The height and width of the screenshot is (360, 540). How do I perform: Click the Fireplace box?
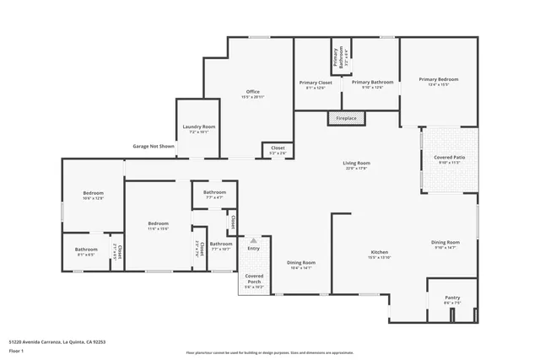(x=346, y=119)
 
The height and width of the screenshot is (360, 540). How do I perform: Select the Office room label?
(x=252, y=91)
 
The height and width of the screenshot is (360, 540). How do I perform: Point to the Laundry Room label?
(x=199, y=126)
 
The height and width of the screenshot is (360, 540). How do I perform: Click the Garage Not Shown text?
(x=154, y=146)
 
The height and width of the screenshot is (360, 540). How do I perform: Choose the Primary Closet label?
(x=316, y=82)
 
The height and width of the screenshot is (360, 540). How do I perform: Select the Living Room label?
(x=356, y=163)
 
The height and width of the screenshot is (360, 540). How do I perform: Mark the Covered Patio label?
(x=449, y=157)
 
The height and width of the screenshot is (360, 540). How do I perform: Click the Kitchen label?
(x=379, y=252)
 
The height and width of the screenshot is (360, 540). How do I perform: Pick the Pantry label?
(x=452, y=298)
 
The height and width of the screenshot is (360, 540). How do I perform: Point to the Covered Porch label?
(x=254, y=278)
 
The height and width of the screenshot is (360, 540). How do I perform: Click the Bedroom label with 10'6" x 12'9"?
(x=93, y=194)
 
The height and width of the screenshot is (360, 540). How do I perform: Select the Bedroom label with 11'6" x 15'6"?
(x=158, y=223)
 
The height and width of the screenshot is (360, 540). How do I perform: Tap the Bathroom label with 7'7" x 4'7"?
(x=214, y=192)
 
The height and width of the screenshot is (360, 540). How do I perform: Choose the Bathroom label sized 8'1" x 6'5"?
(x=86, y=249)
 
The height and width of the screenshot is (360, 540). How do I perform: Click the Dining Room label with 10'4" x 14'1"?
(x=301, y=262)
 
